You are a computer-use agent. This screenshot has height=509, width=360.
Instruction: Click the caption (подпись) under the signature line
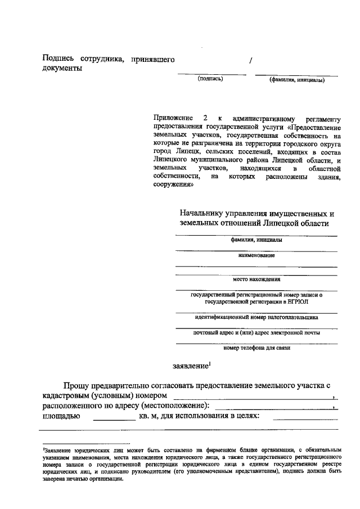(210, 79)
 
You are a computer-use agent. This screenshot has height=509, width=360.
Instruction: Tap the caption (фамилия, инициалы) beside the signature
(296, 80)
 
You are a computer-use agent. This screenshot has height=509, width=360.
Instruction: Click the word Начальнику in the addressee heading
(202, 214)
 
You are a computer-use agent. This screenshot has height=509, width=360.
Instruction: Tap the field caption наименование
(256, 255)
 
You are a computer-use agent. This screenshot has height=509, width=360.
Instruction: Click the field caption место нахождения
(256, 279)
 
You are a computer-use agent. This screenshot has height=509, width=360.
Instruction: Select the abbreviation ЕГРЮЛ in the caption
(297, 301)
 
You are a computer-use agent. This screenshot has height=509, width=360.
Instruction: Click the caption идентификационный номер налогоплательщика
(256, 317)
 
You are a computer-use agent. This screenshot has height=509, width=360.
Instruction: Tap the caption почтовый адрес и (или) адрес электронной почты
(256, 332)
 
